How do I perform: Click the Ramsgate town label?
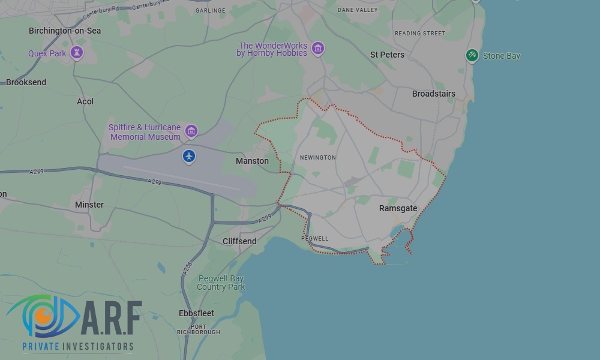click(x=398, y=208)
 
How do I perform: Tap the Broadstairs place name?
click(x=433, y=94)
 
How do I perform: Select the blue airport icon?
click(x=189, y=157)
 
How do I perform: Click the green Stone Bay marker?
click(x=472, y=56)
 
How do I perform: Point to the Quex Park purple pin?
click(x=77, y=53)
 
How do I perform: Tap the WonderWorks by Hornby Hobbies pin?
click(x=318, y=49)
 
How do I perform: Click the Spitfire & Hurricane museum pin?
click(x=191, y=131)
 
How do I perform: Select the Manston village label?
click(x=252, y=161)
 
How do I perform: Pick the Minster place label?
click(x=89, y=205)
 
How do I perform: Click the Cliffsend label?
click(x=239, y=241)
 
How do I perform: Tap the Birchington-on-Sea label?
click(x=65, y=31)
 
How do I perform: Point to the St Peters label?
click(x=387, y=55)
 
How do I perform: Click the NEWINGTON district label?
click(x=317, y=158)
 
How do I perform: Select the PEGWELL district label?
click(x=314, y=239)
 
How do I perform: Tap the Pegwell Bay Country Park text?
click(x=220, y=283)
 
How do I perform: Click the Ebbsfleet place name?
click(x=196, y=313)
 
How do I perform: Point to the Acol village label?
click(x=85, y=101)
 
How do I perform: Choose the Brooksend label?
click(x=26, y=82)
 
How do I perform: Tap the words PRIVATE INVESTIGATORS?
click(x=78, y=346)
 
